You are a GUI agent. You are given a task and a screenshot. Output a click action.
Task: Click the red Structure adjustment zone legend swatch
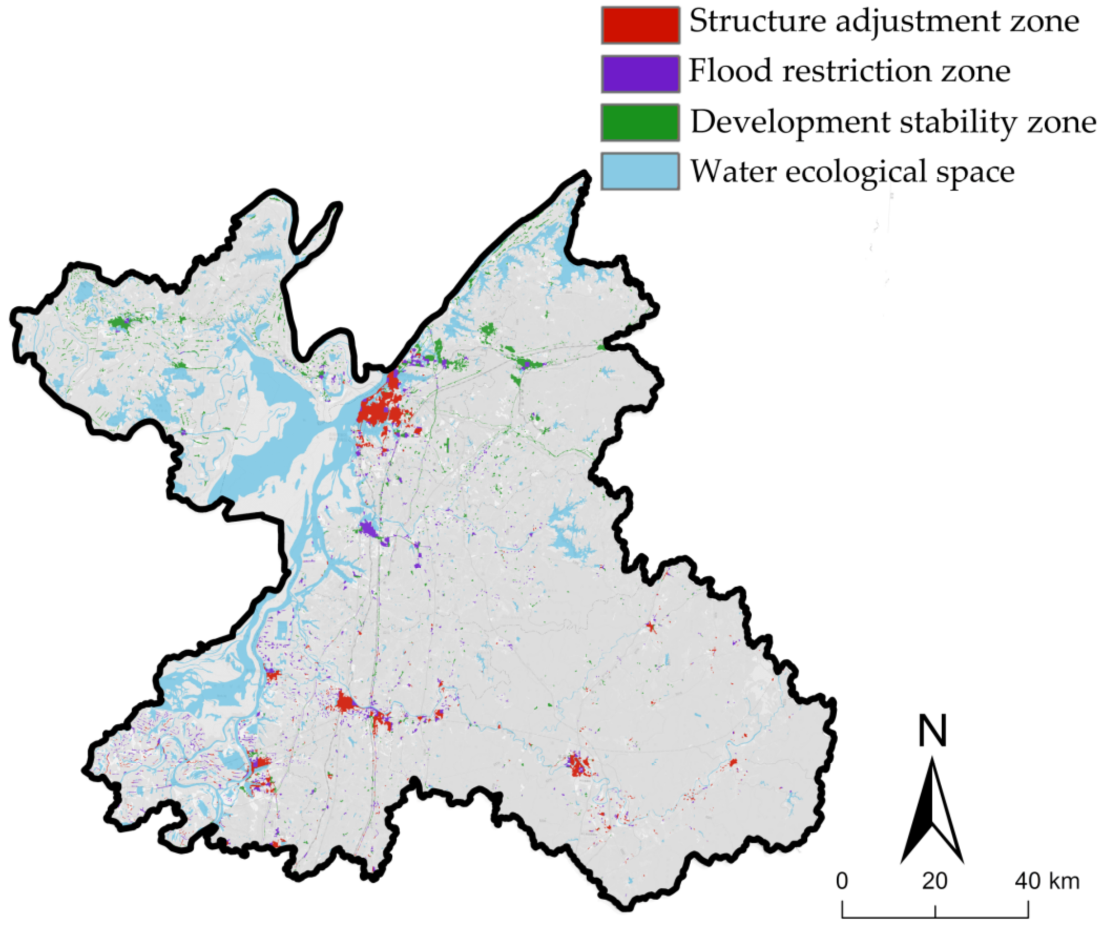(x=640, y=25)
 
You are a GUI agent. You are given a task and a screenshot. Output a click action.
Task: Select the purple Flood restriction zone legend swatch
(x=640, y=74)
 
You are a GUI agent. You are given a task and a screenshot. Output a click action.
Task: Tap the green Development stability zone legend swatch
(x=640, y=122)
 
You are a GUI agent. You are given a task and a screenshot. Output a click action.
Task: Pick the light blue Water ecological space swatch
(x=640, y=171)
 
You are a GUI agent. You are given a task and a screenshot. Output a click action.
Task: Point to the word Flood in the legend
(x=730, y=70)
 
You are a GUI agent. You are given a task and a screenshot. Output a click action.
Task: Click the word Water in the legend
(x=733, y=171)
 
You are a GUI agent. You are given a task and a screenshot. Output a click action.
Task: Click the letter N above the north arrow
(x=932, y=731)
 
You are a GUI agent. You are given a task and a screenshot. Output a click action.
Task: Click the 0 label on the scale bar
(x=842, y=881)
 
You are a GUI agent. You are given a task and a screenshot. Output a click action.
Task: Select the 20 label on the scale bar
(x=934, y=881)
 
